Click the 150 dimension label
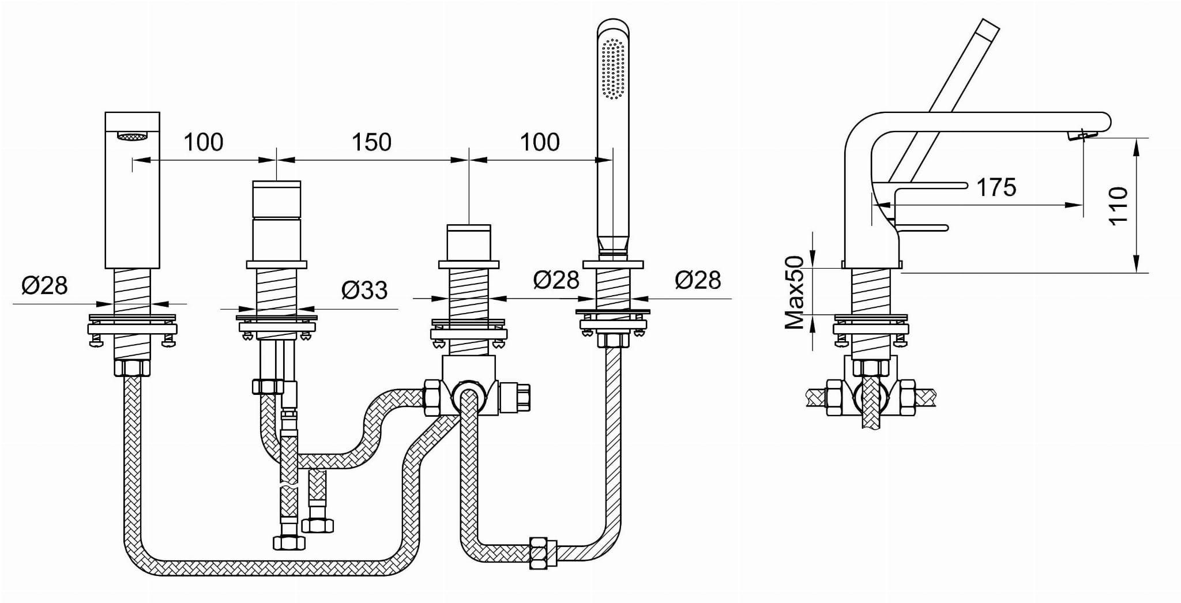(x=371, y=142)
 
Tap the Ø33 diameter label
(x=364, y=289)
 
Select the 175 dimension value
(x=996, y=187)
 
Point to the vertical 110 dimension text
(x=1118, y=206)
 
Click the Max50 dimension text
(x=795, y=292)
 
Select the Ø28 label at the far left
(x=44, y=285)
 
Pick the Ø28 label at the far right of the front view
(x=698, y=280)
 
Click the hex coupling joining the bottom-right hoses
(x=539, y=553)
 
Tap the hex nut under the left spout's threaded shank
(x=132, y=367)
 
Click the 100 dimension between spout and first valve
(x=204, y=142)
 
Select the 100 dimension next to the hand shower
(x=540, y=142)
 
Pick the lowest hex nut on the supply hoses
(x=288, y=542)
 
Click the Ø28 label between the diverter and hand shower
(x=556, y=280)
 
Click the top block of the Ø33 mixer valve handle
(x=277, y=198)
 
